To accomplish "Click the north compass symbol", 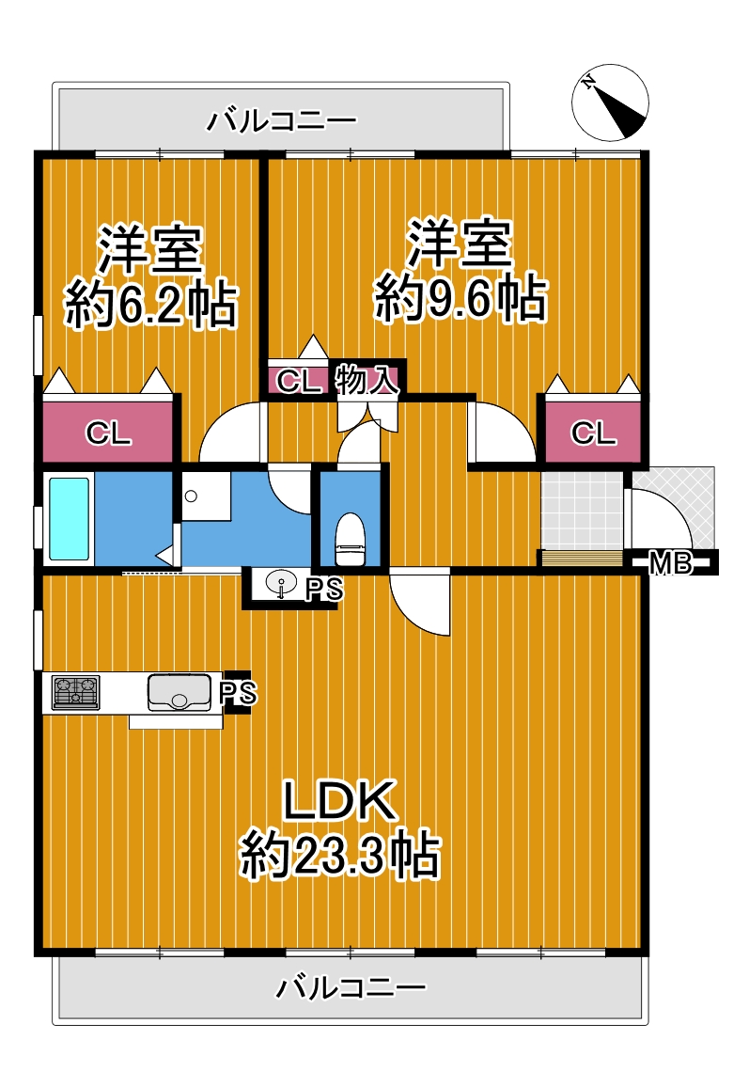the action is coord(610,103).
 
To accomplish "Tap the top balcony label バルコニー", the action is coord(281,121).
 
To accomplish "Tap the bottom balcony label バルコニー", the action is coord(351,987).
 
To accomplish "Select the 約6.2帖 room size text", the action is coord(151,305).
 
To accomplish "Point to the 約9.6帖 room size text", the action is coord(460,298).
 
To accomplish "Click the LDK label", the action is coord(340,800).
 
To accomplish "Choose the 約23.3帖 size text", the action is coord(339,854).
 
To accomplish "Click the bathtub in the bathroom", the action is coord(69,519).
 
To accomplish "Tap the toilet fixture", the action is coord(351,540).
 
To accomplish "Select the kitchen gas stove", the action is coord(76,693).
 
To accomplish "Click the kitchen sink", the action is coord(179,693).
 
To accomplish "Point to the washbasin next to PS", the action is coord(280,586).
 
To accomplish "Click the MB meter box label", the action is coord(670,563).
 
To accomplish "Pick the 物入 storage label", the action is coord(367,380).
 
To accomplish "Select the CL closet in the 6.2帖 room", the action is coord(108,432).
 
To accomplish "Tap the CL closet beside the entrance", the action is coord(593,432).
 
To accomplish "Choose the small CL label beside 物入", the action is coord(298,381).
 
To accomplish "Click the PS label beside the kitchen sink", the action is coord(239,693).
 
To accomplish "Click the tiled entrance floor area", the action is coord(582,510).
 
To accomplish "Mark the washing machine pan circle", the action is coord(191,496).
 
